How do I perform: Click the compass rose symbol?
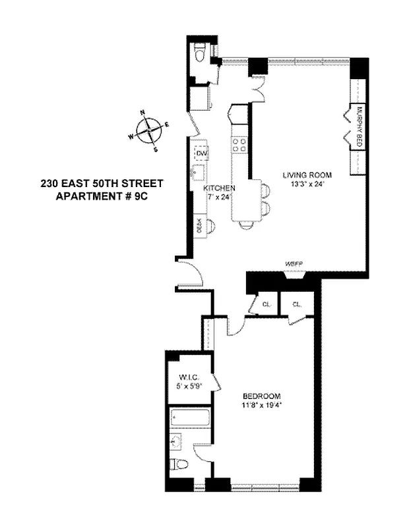tap(151, 130)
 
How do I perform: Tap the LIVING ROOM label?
tap(306, 175)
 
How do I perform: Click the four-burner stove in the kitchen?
tap(240, 145)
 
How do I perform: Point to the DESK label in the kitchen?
tap(199, 226)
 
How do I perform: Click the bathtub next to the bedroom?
tap(189, 417)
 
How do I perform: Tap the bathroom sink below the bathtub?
tap(177, 441)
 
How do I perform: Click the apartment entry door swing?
tap(192, 273)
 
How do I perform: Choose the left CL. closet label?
tap(265, 304)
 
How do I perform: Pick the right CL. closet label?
tap(296, 304)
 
